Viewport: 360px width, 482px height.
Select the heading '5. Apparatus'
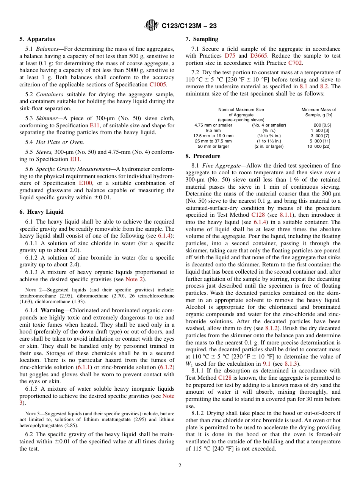coord(37,39)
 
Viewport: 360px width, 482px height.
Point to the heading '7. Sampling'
coord(202,39)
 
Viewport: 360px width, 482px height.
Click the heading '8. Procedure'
coord(203,156)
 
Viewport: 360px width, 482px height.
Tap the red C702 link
coord(295,63)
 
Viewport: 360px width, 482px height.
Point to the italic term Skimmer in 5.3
coord(48,118)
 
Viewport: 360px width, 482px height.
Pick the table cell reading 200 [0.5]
coord(322,125)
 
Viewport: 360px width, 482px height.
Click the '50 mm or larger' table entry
coord(213,146)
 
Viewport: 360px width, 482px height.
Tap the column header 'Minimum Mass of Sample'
coord(318,112)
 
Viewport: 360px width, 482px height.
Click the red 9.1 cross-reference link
coord(267,364)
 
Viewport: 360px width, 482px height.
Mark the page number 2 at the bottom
coord(180,466)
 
